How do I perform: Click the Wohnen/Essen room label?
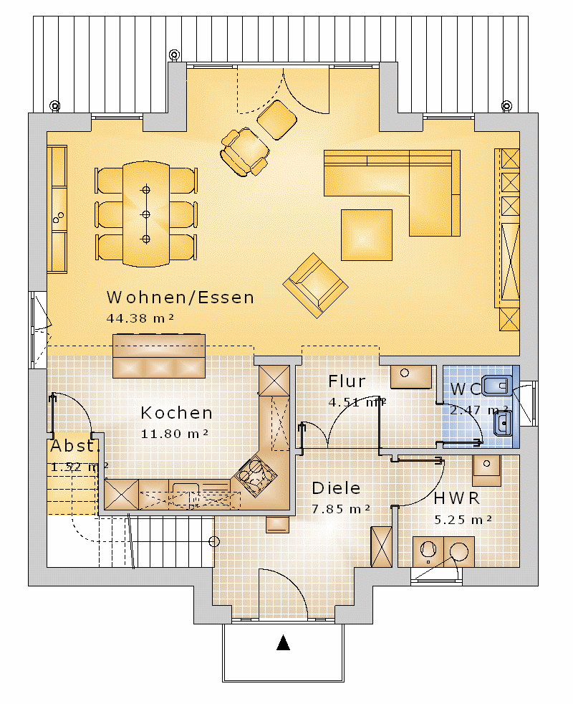tap(180, 298)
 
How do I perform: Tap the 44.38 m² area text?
tap(140, 318)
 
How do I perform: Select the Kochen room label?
tap(176, 413)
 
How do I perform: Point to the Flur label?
tap(347, 381)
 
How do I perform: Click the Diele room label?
tap(336, 488)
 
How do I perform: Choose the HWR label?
tap(457, 498)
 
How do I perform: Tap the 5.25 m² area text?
tap(463, 520)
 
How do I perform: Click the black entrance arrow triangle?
tap(283, 642)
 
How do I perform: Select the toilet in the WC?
tap(497, 385)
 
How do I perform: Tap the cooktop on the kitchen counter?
tap(255, 475)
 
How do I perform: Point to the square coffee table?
tap(367, 235)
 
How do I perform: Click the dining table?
tap(146, 214)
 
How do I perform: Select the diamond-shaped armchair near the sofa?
tap(315, 285)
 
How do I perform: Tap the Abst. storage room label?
tap(74, 446)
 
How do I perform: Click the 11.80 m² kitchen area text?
tap(175, 434)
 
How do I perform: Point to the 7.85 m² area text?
tap(341, 509)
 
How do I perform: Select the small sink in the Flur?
tap(411, 376)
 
